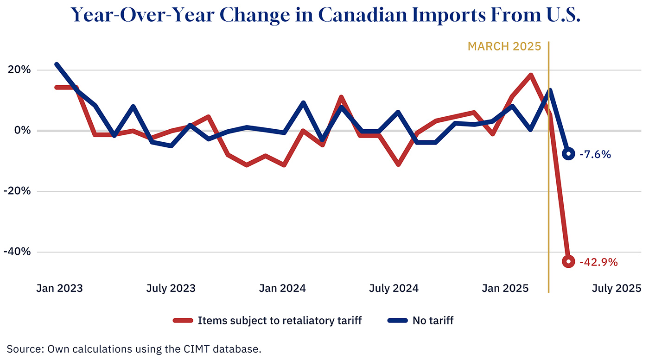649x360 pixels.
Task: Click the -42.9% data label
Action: pos(598,262)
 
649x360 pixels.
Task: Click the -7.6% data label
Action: pos(595,154)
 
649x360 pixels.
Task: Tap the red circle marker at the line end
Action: pos(569,261)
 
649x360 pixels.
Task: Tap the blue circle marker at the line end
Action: pos(569,154)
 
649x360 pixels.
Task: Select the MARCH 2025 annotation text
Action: pos(504,46)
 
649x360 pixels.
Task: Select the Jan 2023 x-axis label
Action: pos(59,288)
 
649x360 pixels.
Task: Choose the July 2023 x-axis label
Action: pos(171,288)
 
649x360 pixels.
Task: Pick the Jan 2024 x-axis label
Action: pos(282,288)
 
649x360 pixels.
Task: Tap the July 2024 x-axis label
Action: pos(394,288)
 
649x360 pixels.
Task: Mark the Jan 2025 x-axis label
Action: pos(505,288)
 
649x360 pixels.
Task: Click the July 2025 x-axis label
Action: pos(617,288)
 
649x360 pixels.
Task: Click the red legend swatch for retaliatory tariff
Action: pos(183,320)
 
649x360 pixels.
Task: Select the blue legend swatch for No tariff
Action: pos(397,320)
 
